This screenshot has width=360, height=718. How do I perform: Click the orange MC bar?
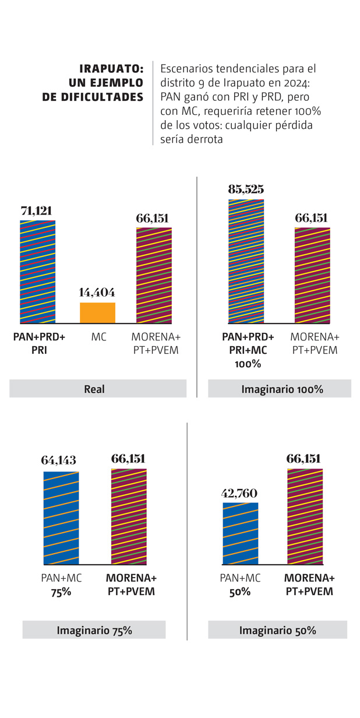click(x=97, y=313)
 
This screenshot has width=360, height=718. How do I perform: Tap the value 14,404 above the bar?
click(x=97, y=293)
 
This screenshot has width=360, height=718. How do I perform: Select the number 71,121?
click(x=38, y=212)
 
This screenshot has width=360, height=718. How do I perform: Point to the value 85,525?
click(x=245, y=189)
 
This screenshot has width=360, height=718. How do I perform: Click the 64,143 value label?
click(x=59, y=460)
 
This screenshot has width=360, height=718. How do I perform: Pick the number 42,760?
click(x=240, y=494)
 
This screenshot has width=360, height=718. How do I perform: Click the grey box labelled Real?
click(x=97, y=389)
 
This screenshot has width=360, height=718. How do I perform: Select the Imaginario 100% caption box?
click(x=279, y=389)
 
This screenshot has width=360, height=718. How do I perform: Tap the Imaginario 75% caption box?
click(x=94, y=630)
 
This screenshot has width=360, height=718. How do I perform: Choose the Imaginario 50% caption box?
click(x=277, y=630)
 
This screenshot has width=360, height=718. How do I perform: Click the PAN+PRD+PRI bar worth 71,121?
click(x=38, y=272)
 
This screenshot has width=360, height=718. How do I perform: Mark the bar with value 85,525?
click(x=246, y=261)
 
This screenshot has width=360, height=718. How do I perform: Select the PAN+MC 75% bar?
click(x=61, y=518)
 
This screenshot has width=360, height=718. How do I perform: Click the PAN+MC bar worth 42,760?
click(x=241, y=534)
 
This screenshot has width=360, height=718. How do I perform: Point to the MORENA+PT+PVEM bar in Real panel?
click(x=154, y=275)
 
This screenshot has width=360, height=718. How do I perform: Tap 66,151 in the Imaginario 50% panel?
click(x=303, y=459)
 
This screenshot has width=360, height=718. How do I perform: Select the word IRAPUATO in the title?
click(x=111, y=69)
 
